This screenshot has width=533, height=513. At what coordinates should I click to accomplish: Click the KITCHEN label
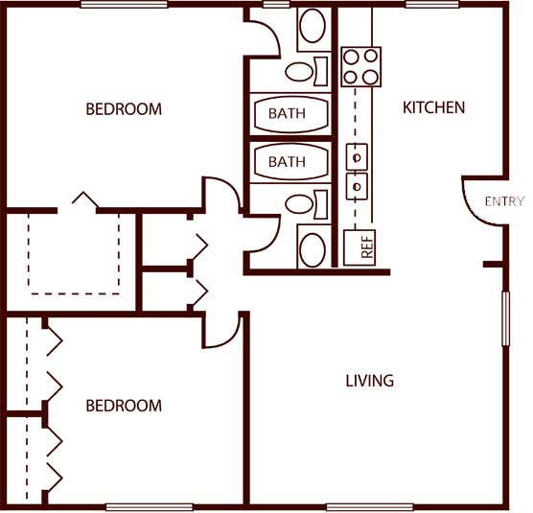[x=433, y=107]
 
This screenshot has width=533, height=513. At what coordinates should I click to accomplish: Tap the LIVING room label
[x=370, y=381]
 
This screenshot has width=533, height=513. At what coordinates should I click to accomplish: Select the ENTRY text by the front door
[x=504, y=201]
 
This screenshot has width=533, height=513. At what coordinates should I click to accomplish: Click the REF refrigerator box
[x=359, y=247]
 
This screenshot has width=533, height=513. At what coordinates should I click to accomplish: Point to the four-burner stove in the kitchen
[x=361, y=66]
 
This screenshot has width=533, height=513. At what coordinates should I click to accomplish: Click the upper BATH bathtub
[x=291, y=114]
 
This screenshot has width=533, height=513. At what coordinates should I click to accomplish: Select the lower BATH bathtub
[x=291, y=162]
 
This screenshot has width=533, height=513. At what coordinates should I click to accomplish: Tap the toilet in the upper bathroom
[x=306, y=71]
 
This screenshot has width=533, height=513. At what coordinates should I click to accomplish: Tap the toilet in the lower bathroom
[x=306, y=204]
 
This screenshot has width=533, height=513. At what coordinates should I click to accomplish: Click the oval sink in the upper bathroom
[x=313, y=26]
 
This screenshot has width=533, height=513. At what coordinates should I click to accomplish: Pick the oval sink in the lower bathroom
[x=313, y=250]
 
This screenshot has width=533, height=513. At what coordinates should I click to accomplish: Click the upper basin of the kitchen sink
[x=357, y=157]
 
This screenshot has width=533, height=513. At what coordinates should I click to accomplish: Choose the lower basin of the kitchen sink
[x=357, y=186]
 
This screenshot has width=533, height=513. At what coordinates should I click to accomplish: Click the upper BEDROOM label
[x=124, y=109]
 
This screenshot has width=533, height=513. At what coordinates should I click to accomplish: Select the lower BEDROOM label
[x=124, y=406]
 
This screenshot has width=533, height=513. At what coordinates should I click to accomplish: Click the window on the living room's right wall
[x=506, y=319]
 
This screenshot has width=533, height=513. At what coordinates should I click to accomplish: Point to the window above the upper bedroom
[x=124, y=4]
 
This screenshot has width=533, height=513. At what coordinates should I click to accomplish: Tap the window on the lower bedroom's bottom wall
[x=150, y=507]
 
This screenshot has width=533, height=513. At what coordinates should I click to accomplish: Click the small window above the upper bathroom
[x=276, y=4]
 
